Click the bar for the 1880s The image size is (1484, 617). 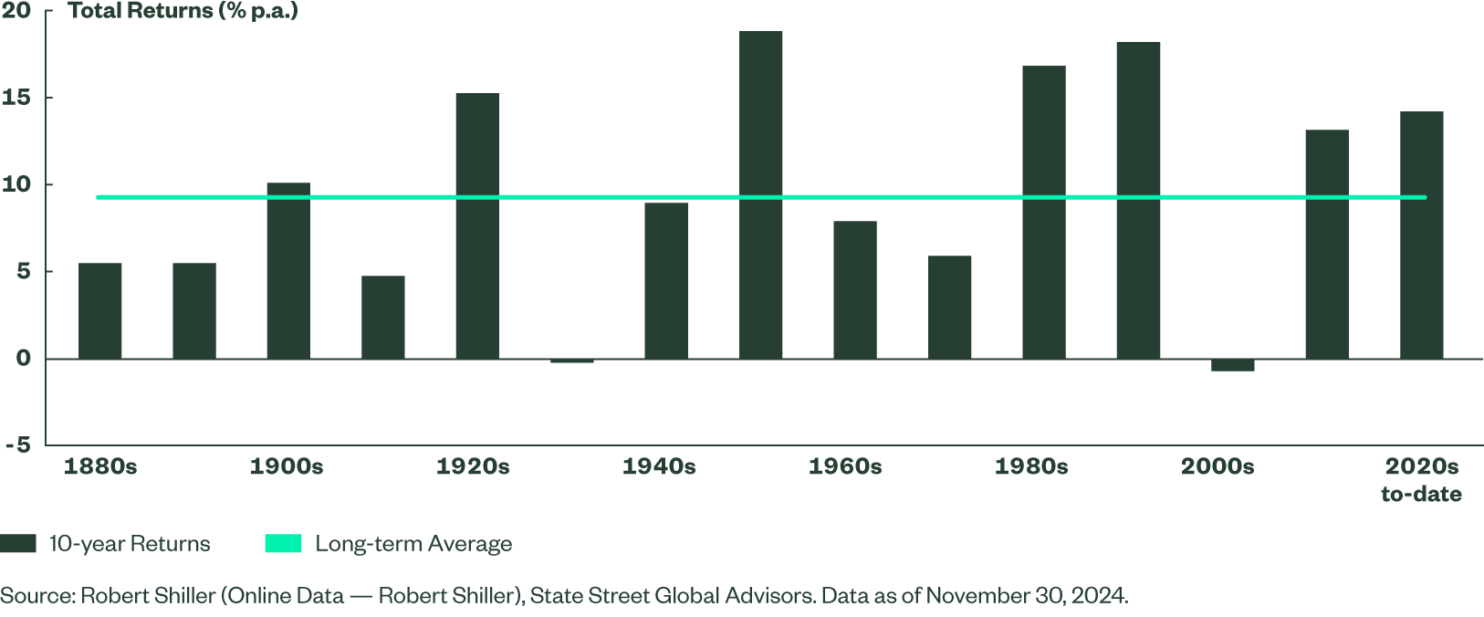100,310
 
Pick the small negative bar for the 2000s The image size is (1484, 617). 1233,365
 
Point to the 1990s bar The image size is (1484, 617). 1138,200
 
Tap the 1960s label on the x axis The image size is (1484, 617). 845,466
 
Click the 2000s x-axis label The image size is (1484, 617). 1218,466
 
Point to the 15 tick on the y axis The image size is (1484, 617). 16,98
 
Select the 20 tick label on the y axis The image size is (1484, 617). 16,11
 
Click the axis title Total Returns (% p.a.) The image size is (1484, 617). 183,12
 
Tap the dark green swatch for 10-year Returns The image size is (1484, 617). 18,544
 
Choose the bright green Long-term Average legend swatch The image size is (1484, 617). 283,544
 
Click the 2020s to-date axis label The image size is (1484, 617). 1421,480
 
